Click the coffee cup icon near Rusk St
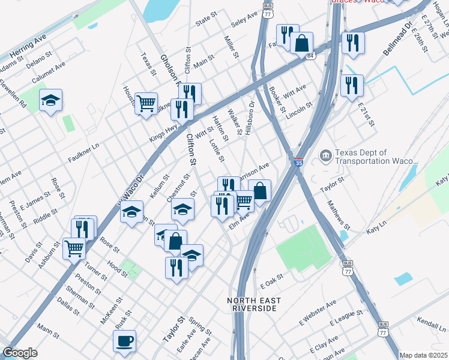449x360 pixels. coord(124,340)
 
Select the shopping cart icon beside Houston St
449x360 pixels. coord(146,103)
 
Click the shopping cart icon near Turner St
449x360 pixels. coord(74,247)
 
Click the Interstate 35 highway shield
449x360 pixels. coord(298,163)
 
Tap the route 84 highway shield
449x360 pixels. coord(310,56)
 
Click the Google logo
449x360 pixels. coord(20,353)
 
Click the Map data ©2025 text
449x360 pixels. coord(424,355)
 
